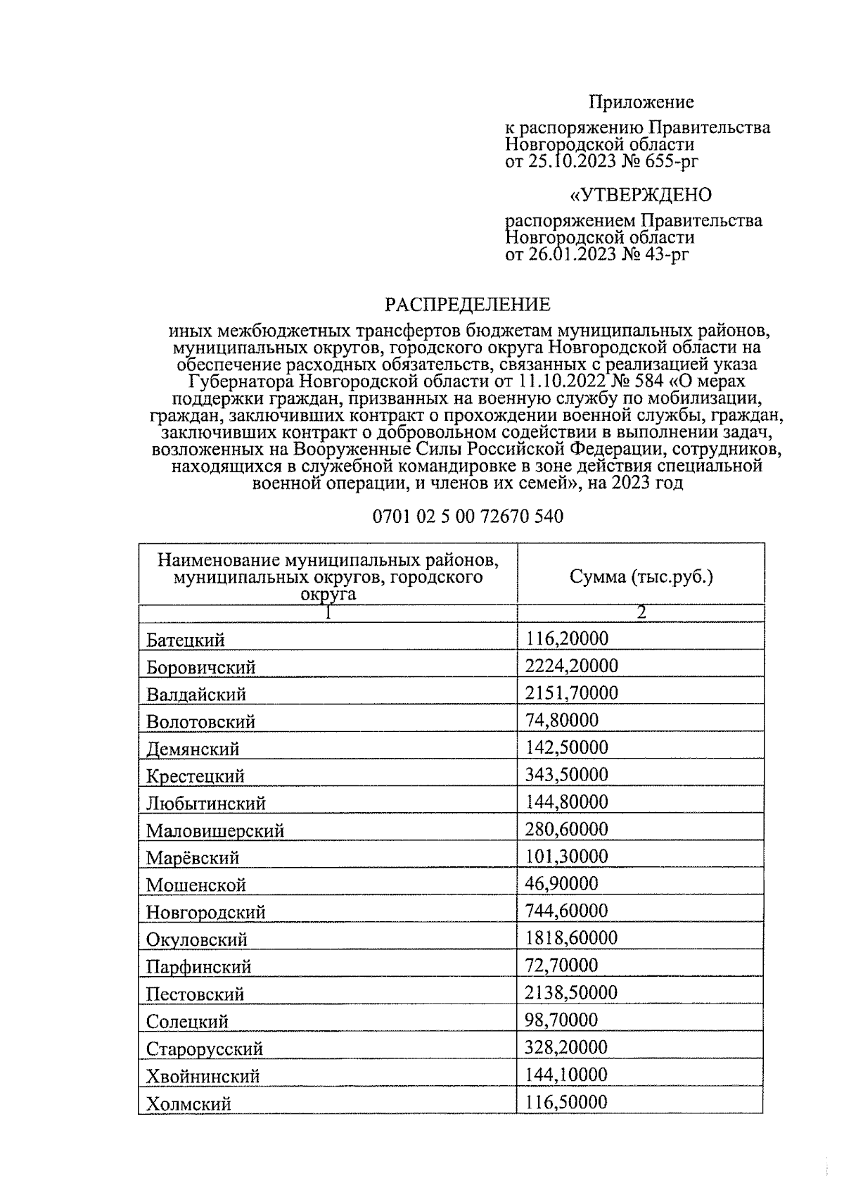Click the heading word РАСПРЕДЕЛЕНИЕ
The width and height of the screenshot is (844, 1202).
pyautogui.click(x=467, y=305)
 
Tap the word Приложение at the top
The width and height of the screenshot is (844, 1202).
pyautogui.click(x=641, y=102)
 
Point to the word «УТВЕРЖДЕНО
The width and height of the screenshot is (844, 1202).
pyautogui.click(x=640, y=194)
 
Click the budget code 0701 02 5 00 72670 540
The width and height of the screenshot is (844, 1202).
pyautogui.click(x=468, y=517)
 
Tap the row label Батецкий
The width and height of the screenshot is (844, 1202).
pyautogui.click(x=186, y=640)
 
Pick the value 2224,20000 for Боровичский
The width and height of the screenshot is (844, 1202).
pyautogui.click(x=571, y=666)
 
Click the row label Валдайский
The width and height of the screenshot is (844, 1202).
pyautogui.click(x=196, y=695)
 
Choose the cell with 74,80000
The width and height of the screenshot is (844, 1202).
pyautogui.click(x=561, y=720)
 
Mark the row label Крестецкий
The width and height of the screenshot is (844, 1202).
pyautogui.click(x=196, y=776)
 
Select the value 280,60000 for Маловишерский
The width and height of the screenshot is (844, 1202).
pyautogui.click(x=566, y=829)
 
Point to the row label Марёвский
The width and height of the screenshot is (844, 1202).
pyautogui.click(x=193, y=858)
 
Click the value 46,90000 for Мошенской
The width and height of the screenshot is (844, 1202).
pyautogui.click(x=561, y=884)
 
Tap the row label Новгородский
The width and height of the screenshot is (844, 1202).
pyautogui.click(x=206, y=913)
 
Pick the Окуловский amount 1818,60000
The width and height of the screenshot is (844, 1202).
pyautogui.click(x=571, y=938)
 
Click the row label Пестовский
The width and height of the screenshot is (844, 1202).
pyautogui.click(x=196, y=994)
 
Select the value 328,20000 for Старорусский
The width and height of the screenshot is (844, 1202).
pyautogui.click(x=566, y=1047)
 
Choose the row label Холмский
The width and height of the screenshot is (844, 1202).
pyautogui.click(x=188, y=1104)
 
